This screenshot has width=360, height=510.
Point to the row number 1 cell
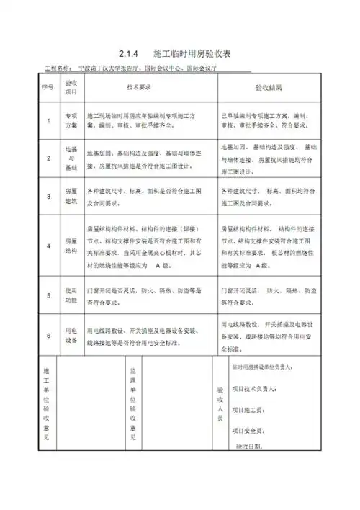point(48,120)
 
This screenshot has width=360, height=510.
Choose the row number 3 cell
point(48,197)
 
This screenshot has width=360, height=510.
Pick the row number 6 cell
point(48,335)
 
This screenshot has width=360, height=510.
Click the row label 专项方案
point(71,120)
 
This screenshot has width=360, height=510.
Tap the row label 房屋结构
point(71,246)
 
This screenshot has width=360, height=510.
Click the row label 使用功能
point(71,295)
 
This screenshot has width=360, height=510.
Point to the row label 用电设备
point(71,335)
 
